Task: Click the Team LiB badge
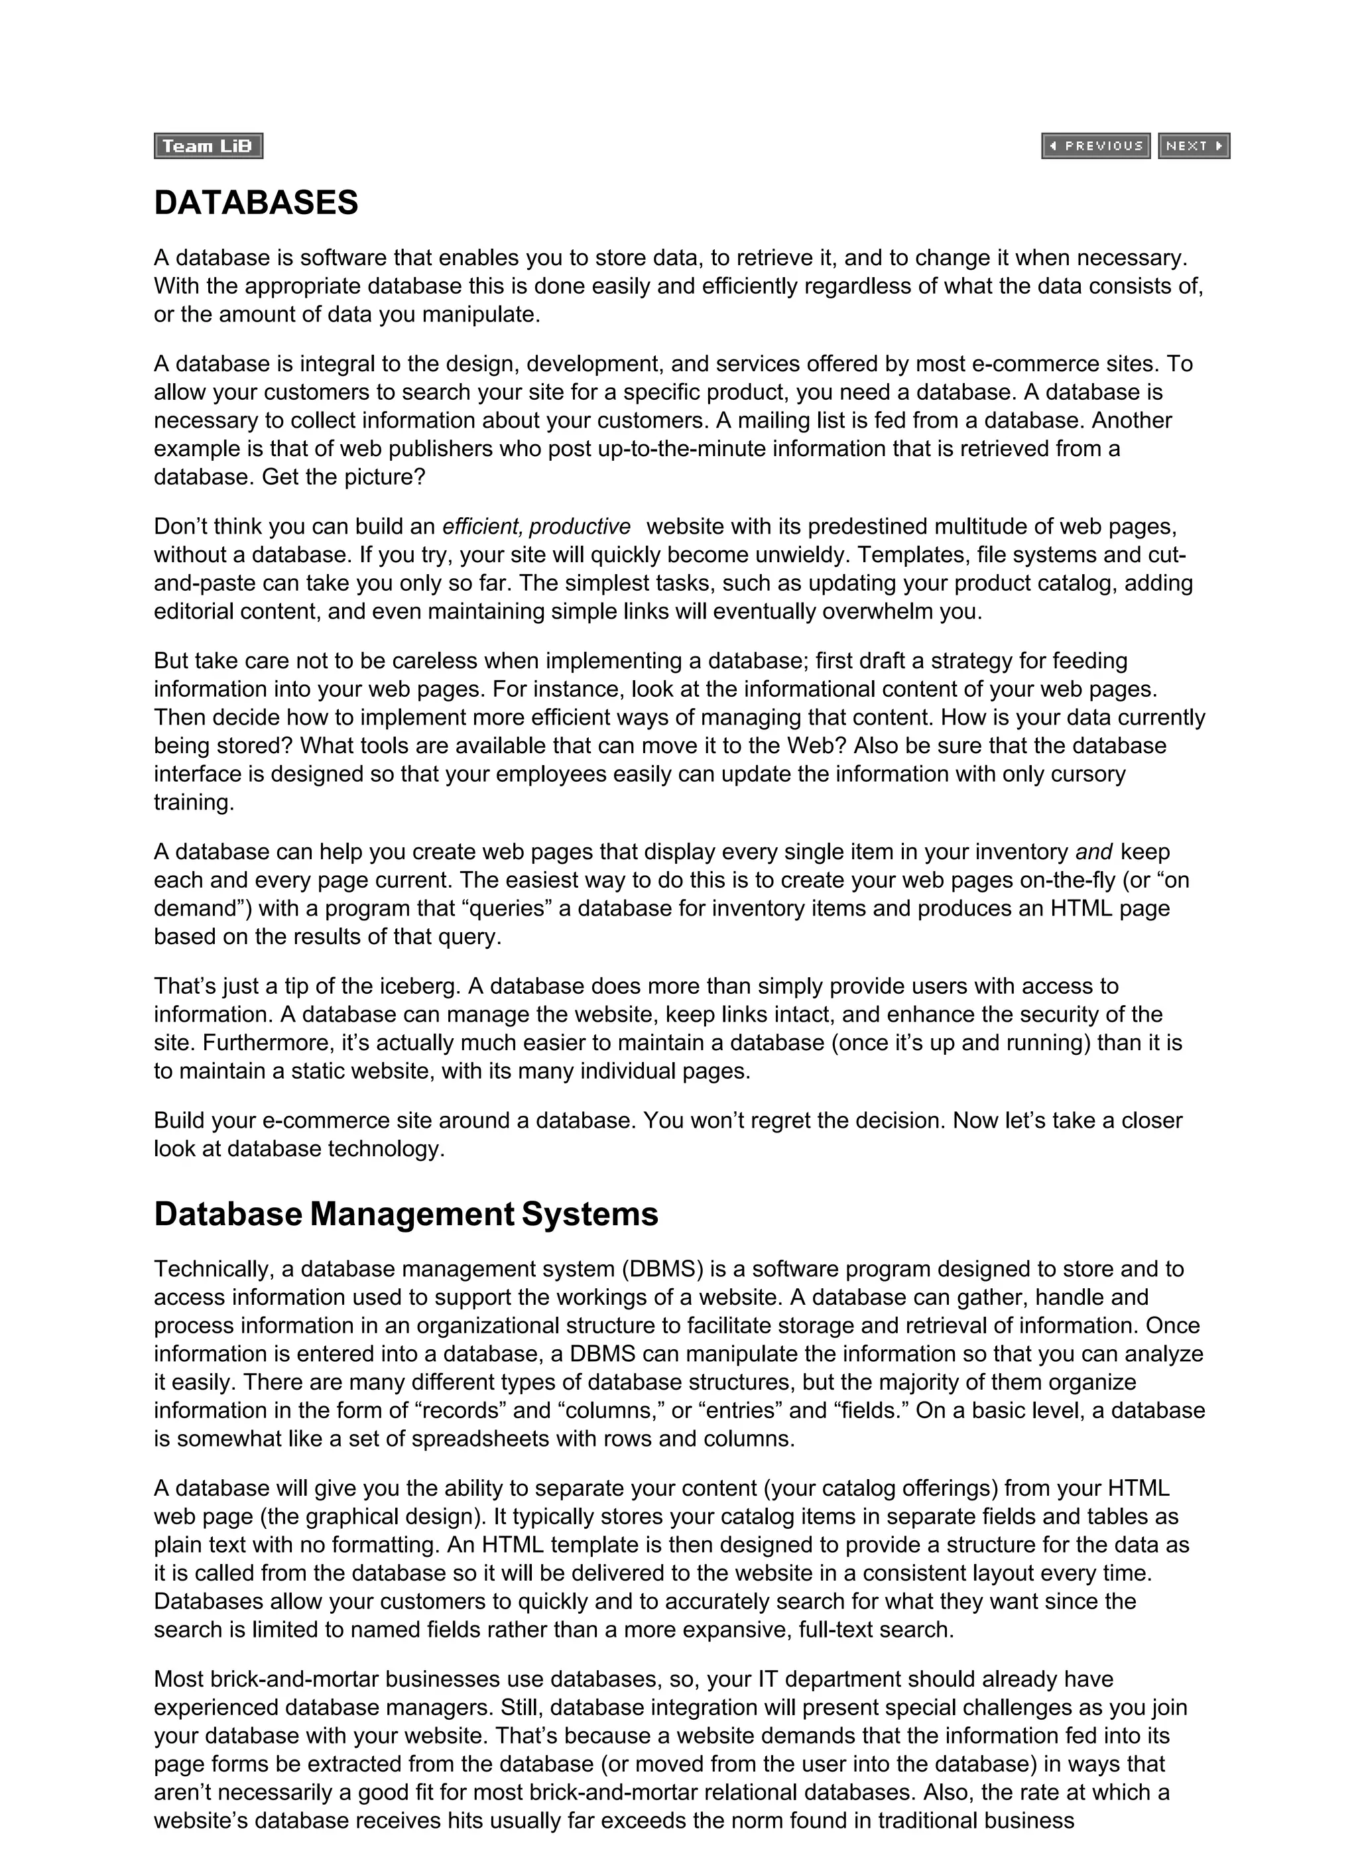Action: [208, 146]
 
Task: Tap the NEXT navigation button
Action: [1194, 146]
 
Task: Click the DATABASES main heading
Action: [256, 202]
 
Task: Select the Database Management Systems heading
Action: [406, 1214]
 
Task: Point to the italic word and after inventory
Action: [1093, 851]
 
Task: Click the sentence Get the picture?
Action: [343, 477]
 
